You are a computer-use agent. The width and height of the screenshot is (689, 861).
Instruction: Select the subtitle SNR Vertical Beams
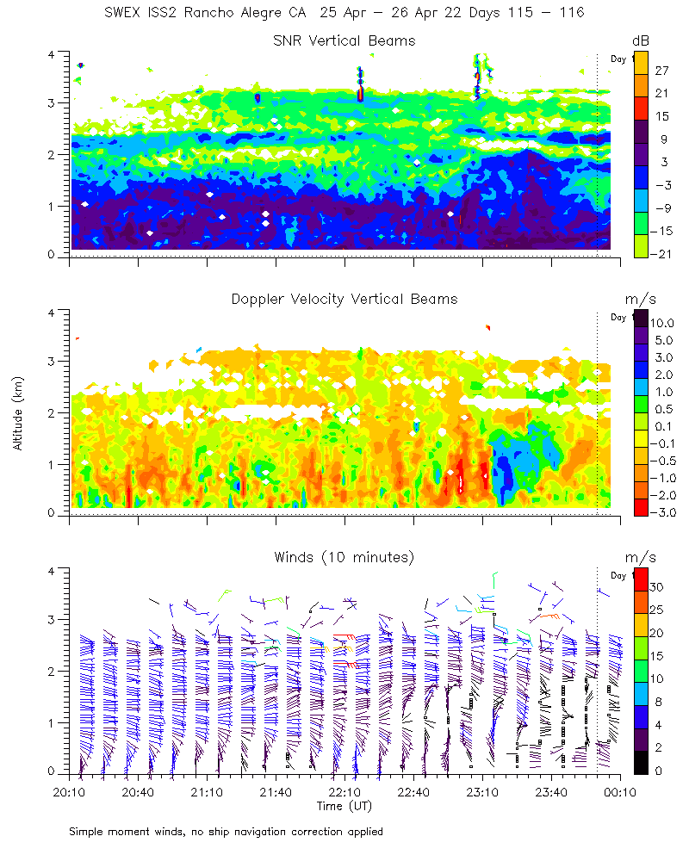pyautogui.click(x=344, y=40)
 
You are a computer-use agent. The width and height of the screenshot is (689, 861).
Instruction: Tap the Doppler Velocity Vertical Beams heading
pyautogui.click(x=344, y=299)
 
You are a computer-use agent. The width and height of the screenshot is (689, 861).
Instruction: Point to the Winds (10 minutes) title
pyautogui.click(x=344, y=557)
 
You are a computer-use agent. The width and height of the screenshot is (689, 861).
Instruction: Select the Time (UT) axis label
pyautogui.click(x=344, y=806)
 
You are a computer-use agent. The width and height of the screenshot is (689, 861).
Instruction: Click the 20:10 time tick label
pyautogui.click(x=69, y=791)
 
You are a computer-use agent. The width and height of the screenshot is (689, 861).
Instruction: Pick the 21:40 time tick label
pyautogui.click(x=276, y=791)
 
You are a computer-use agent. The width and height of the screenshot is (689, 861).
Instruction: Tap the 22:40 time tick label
pyautogui.click(x=413, y=791)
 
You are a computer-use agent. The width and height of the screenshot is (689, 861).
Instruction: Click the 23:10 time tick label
pyautogui.click(x=482, y=791)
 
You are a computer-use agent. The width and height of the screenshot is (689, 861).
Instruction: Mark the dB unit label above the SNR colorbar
pyautogui.click(x=641, y=40)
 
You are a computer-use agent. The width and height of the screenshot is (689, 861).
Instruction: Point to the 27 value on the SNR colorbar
pyautogui.click(x=662, y=71)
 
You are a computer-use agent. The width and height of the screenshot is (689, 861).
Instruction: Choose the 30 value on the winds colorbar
pyautogui.click(x=659, y=587)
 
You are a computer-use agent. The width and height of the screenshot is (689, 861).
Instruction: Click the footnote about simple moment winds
pyautogui.click(x=226, y=831)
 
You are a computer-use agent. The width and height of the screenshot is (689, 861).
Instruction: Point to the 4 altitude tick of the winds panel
pyautogui.click(x=53, y=571)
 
